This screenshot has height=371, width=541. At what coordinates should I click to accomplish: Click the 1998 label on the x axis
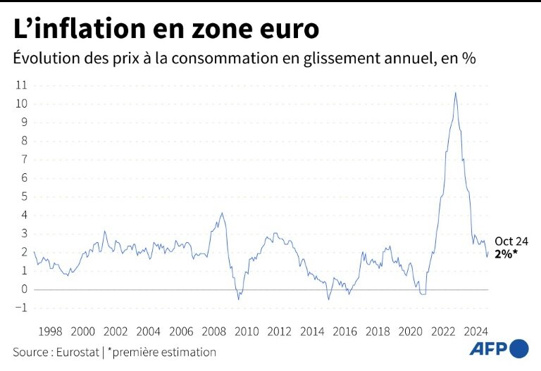(50, 332)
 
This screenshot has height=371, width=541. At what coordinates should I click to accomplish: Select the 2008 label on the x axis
(213, 332)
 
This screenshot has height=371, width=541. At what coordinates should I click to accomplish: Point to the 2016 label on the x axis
(344, 332)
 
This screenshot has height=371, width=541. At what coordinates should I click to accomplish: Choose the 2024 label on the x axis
(475, 332)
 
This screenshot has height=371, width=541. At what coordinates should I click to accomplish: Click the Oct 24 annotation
(511, 241)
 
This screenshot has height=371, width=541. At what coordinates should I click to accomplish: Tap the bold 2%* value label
(506, 254)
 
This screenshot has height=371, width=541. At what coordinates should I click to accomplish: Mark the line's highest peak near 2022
(455, 92)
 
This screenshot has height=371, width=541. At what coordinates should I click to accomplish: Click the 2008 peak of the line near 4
(222, 213)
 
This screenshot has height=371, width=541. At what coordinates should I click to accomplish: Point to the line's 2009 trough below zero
(238, 299)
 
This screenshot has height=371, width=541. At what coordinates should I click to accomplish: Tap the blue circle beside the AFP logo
(519, 348)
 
